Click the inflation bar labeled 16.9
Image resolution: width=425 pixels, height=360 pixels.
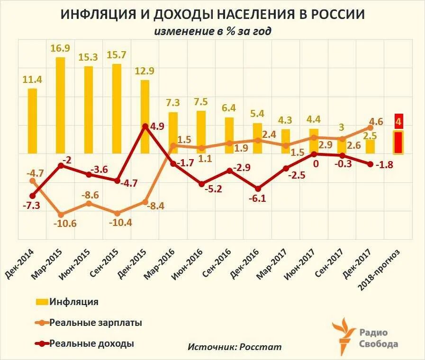pos(61,105)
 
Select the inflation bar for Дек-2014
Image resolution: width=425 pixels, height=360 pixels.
pos(32,121)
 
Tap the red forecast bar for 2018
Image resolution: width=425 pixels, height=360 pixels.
pos(398,142)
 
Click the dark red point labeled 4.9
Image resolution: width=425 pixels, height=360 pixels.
pos(145,126)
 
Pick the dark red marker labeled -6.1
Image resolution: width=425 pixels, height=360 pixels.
pos(257,188)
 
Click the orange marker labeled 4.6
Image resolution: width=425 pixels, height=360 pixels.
pos(370,127)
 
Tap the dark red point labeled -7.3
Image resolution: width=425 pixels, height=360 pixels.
pos(32,196)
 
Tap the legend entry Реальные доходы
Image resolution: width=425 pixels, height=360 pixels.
pos(91,343)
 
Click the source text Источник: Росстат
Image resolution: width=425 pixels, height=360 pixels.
pos(235,347)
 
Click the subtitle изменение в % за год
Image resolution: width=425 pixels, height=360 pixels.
pos(213,31)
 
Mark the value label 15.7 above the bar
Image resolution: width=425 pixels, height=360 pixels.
pos(117,54)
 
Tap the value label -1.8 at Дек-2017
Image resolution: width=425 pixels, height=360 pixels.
pos(385,165)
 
